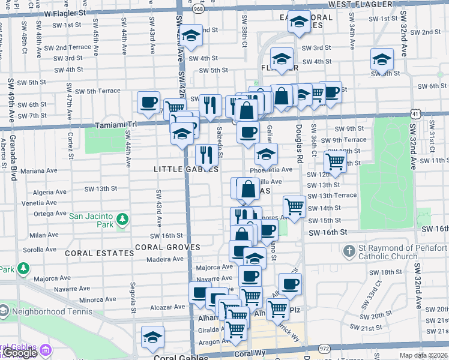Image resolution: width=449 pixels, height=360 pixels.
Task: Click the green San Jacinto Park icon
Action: tap(122, 219)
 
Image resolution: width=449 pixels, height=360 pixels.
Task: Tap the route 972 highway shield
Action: tap(325, 349)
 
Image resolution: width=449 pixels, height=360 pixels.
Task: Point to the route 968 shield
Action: tap(197, 9)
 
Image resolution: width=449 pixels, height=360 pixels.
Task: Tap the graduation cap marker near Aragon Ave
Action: tap(152, 337)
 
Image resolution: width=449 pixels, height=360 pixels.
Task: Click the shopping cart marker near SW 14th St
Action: tap(294, 206)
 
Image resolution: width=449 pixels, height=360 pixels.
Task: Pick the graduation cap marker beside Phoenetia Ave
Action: tap(266, 155)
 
